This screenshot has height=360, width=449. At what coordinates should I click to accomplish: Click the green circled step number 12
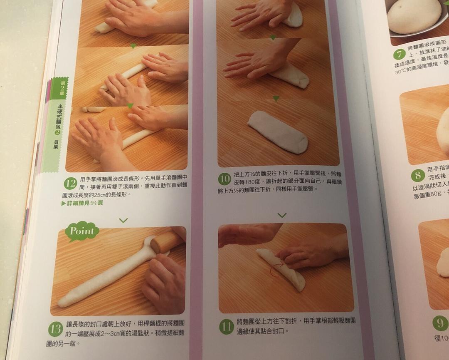(x=70, y=183)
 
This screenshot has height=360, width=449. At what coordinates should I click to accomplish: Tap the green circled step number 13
(x=55, y=329)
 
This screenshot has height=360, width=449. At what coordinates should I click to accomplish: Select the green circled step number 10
(x=224, y=179)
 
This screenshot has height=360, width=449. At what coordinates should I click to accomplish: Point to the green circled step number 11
(x=226, y=326)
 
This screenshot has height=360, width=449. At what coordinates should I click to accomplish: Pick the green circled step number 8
(x=418, y=175)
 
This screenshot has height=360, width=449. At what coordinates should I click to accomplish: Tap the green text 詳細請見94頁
(x=82, y=203)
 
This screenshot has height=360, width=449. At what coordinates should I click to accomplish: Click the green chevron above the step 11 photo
(x=282, y=215)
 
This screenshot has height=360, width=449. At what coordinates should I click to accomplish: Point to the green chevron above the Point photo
(x=123, y=220)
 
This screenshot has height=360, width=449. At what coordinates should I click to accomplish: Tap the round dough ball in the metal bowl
(x=414, y=15)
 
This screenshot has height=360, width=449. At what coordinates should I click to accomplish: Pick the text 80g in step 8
(x=437, y=194)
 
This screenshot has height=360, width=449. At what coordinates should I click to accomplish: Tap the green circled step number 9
(x=440, y=323)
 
